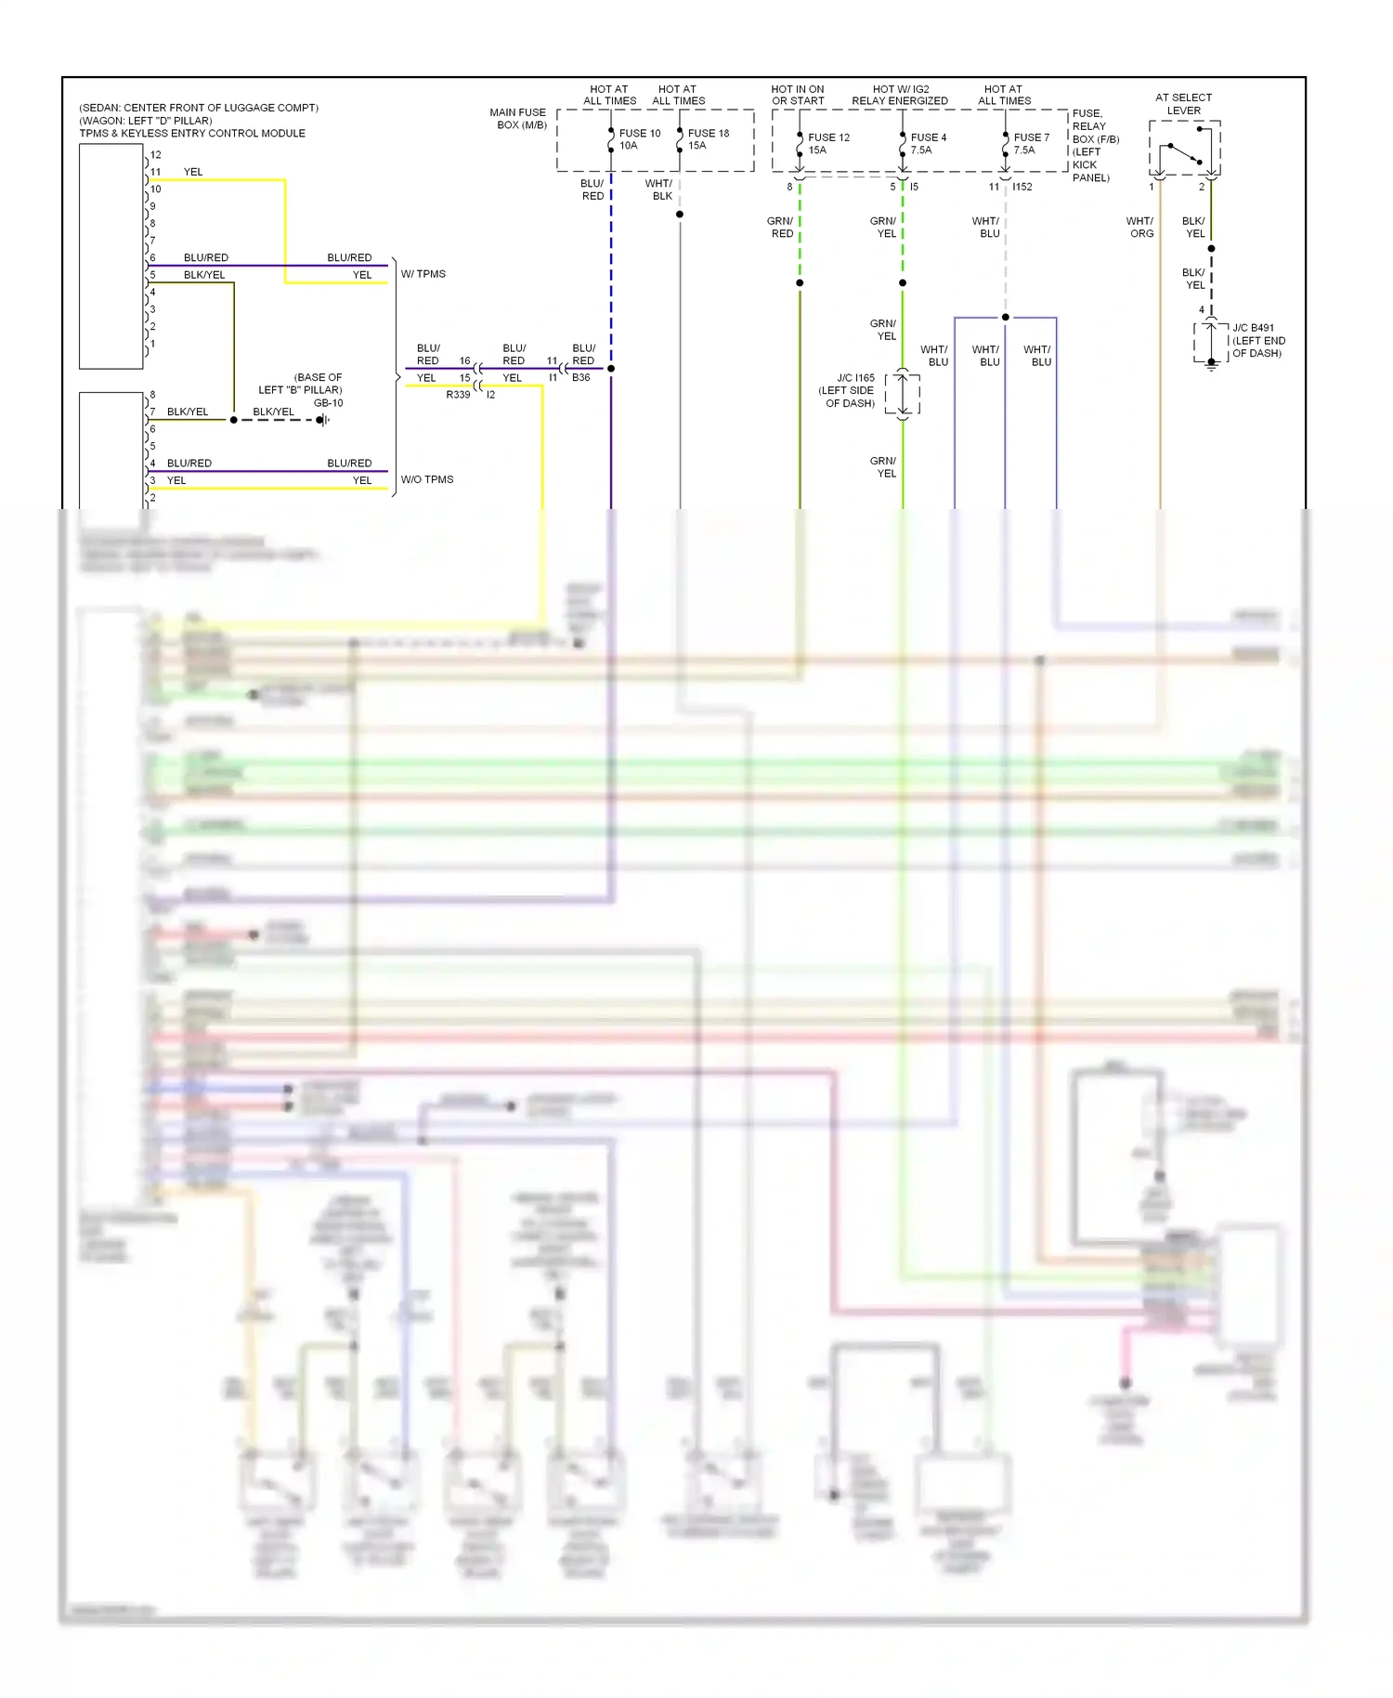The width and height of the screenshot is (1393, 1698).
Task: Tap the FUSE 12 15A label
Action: point(827,143)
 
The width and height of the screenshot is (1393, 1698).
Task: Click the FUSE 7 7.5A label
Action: point(1030,143)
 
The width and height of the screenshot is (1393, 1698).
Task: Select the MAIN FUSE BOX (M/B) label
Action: point(519,119)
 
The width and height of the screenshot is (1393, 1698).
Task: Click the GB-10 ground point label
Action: point(328,403)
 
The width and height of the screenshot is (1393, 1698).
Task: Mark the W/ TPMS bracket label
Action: point(423,274)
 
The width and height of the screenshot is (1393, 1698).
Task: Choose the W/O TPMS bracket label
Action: point(427,479)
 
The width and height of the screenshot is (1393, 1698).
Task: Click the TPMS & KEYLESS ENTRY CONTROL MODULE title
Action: point(192,133)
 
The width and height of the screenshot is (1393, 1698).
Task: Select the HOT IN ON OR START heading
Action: point(798,95)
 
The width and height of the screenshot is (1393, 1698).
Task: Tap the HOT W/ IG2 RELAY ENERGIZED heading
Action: point(900,95)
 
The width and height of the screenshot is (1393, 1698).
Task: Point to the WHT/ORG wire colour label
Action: point(1140,228)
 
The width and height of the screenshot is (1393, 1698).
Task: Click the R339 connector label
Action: point(458,395)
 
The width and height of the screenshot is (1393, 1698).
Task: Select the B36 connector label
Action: point(581,378)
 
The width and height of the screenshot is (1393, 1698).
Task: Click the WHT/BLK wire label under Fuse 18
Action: point(660,189)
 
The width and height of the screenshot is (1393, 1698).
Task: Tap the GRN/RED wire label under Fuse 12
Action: point(781,228)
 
